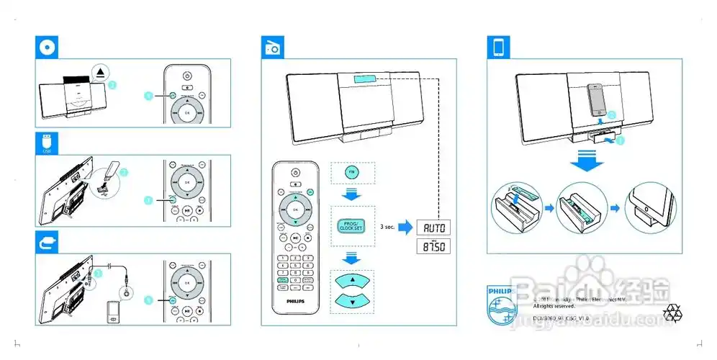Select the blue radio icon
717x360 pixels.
point(271,48)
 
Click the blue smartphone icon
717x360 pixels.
point(497,48)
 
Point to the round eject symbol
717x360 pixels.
point(102,72)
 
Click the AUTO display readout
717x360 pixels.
point(434,228)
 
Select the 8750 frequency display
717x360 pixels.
point(434,248)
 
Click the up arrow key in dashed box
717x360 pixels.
point(352,281)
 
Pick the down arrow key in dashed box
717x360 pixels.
point(352,301)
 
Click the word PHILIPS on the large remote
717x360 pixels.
point(294,304)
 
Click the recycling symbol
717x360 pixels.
point(675,311)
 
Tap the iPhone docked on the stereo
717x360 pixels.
point(597,102)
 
